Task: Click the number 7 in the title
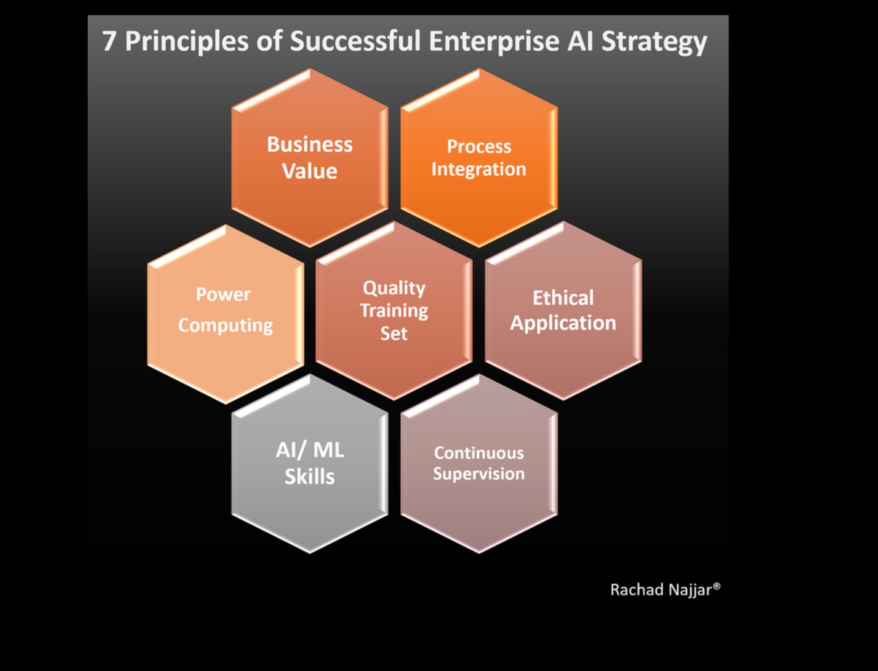[x=109, y=41]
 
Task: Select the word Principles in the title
[x=186, y=42]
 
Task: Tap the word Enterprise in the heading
[x=493, y=42]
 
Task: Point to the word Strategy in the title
[x=654, y=42]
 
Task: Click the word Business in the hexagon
[x=310, y=144]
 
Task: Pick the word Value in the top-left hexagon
[x=310, y=171]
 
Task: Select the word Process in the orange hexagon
[x=479, y=146]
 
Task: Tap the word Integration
[x=479, y=169]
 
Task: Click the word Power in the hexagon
[x=223, y=294]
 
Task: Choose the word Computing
[x=226, y=326]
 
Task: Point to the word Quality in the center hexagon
[x=394, y=288]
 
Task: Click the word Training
[x=394, y=311]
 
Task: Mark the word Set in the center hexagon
[x=394, y=333]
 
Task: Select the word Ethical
[x=563, y=297]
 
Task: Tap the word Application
[x=563, y=323]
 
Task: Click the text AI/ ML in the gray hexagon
[x=310, y=450]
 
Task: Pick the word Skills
[x=310, y=477]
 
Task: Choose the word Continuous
[x=479, y=453]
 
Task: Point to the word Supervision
[x=479, y=474]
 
